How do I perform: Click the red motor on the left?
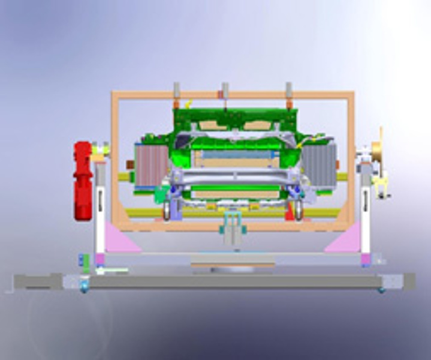pyautogui.click(x=83, y=180)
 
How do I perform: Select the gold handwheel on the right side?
pyautogui.click(x=377, y=153)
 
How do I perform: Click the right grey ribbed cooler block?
pyautogui.click(x=317, y=166)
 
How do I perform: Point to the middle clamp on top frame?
pyautogui.click(x=225, y=92)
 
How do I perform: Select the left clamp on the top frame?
pyautogui.click(x=177, y=92)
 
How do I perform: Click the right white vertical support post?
pyautogui.click(x=365, y=210)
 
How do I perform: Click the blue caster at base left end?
pyautogui.click(x=85, y=290)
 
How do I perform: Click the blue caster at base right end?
pyautogui.click(x=381, y=290)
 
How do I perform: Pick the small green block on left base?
pyautogui.click(x=86, y=260)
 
